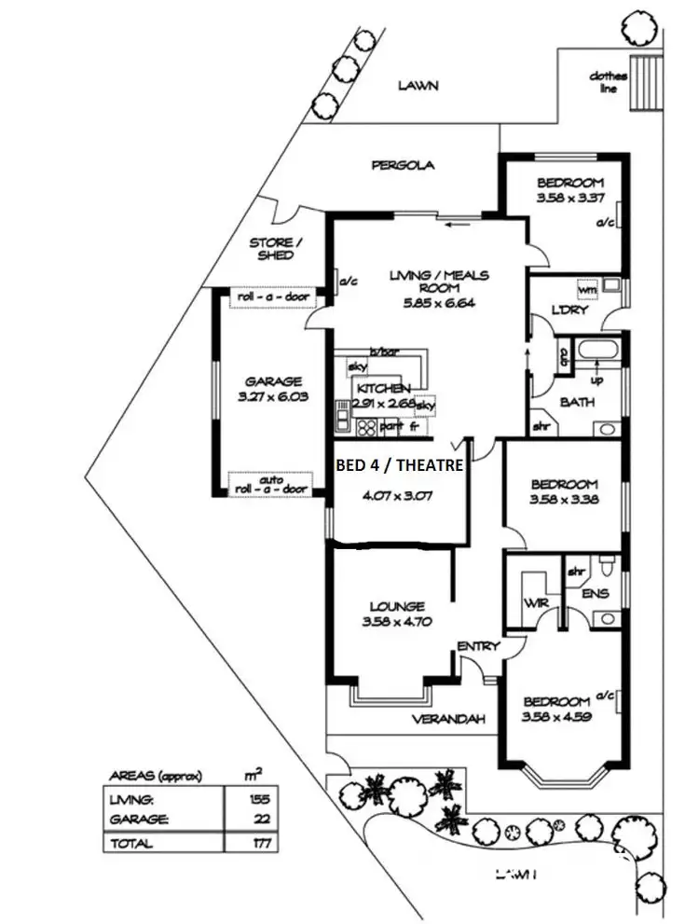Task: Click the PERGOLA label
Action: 403,166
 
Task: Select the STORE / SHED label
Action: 272,249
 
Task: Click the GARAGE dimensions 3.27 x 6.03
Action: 273,396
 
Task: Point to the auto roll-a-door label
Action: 271,483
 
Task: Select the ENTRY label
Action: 478,646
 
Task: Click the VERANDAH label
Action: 450,719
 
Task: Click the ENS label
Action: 596,593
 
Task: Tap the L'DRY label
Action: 570,310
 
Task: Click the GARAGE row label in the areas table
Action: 139,820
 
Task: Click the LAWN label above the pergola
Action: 418,86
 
